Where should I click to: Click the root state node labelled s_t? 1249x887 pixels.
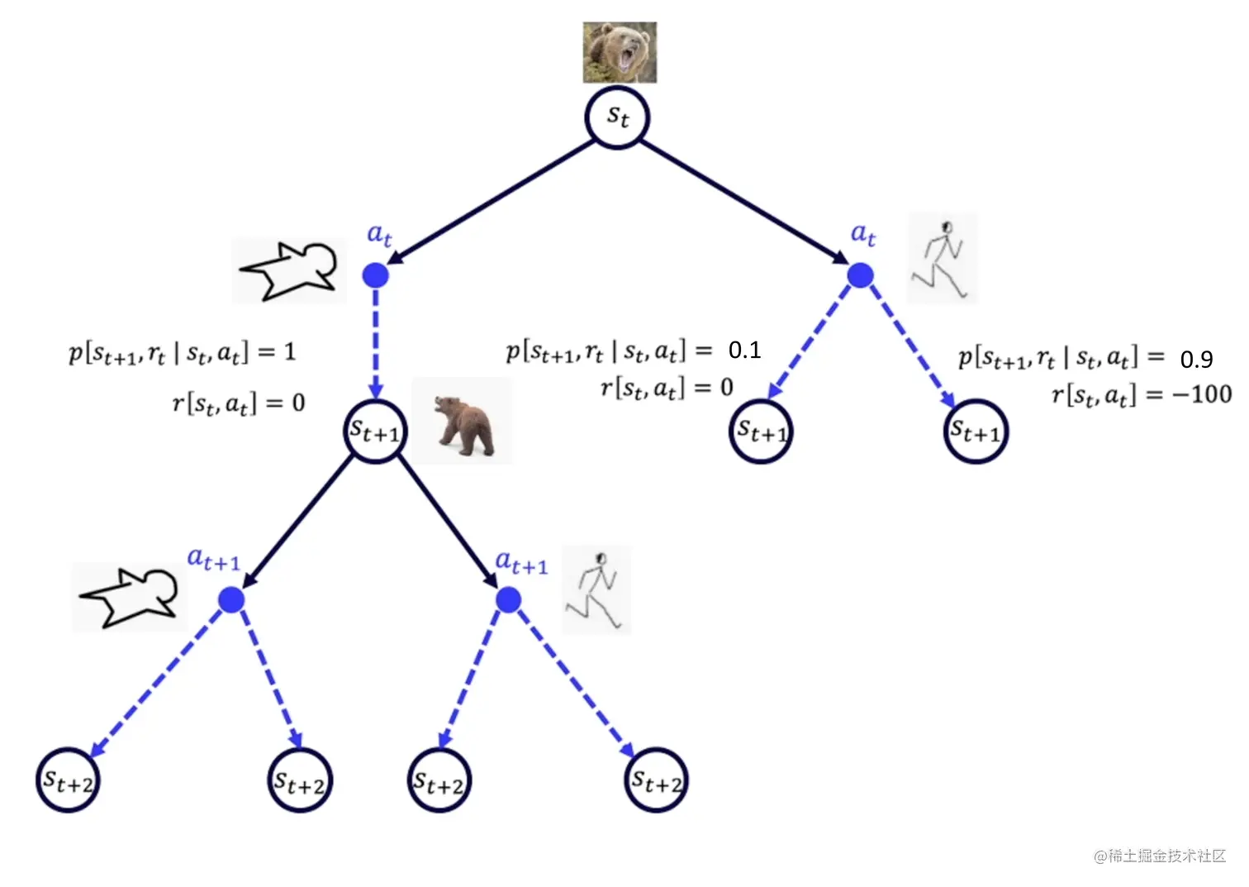618,118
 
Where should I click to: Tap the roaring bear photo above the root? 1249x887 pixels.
620,53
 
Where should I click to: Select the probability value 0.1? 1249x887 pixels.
744,351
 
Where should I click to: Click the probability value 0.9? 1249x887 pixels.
1196,360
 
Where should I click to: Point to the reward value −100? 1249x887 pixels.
1201,394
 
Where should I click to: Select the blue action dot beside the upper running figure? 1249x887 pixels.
860,275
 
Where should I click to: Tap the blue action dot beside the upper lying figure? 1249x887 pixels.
376,275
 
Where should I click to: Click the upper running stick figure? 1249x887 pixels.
942,259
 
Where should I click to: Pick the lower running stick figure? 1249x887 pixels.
596,590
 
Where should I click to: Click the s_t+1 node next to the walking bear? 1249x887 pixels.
375,432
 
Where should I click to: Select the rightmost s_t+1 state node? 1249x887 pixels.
976,432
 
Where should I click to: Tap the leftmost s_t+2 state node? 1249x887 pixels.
68,780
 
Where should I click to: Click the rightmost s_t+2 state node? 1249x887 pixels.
657,780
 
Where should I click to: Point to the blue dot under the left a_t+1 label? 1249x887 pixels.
231,599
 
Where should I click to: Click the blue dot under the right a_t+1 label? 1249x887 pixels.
508,599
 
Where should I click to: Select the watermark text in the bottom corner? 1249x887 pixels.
1160,856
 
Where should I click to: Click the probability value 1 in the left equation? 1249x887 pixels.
289,352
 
